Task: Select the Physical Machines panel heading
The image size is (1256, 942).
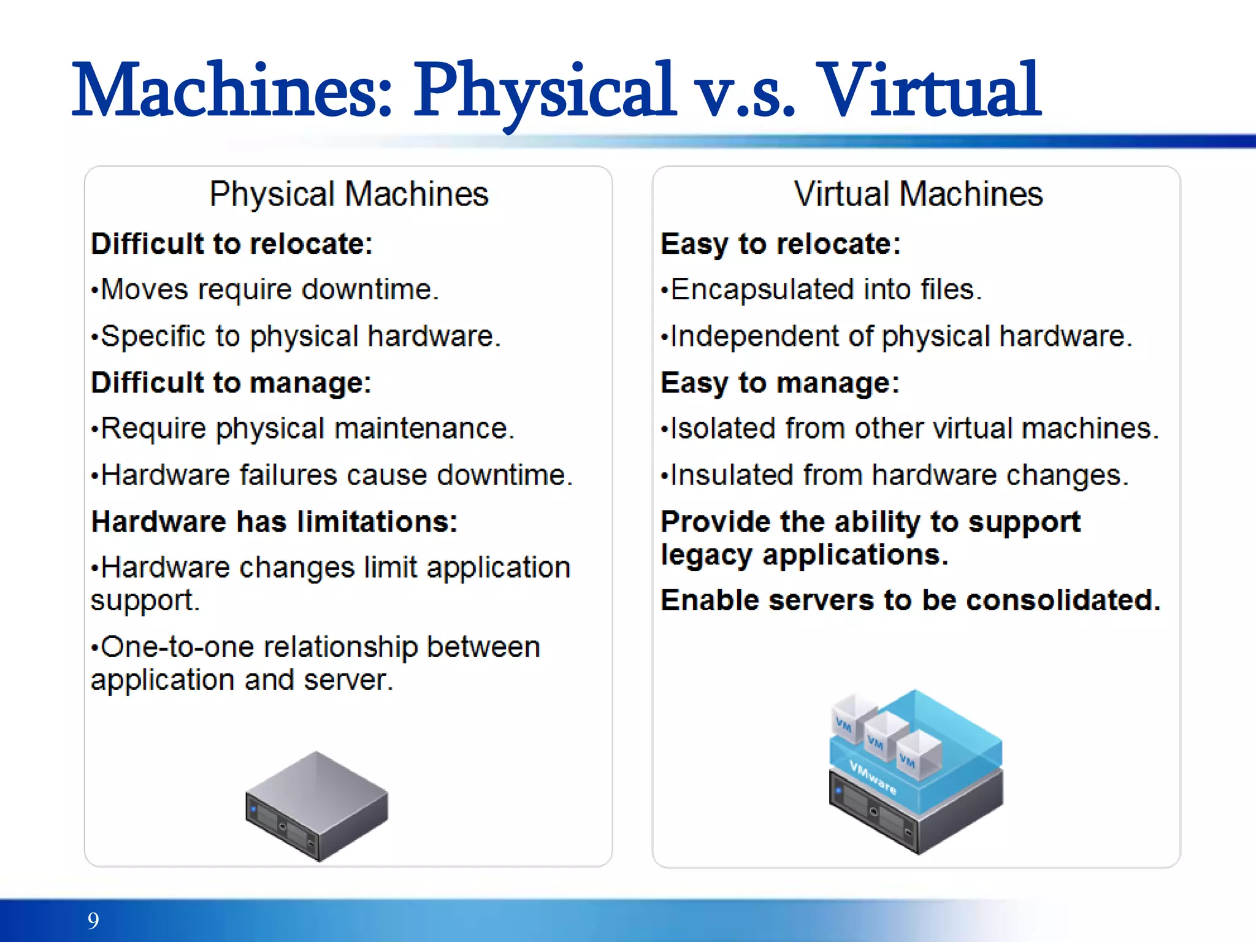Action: click(x=348, y=194)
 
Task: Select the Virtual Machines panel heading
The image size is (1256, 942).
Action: click(x=918, y=194)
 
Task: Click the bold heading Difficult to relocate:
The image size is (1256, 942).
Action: click(x=232, y=244)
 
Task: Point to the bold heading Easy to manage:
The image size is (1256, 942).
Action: click(x=780, y=383)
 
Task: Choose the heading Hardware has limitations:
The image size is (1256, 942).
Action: click(x=274, y=522)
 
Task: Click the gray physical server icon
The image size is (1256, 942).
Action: click(x=316, y=806)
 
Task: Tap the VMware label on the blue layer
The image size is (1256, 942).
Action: click(x=873, y=777)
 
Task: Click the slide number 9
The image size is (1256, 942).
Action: click(x=93, y=921)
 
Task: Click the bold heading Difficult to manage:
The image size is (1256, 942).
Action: click(x=231, y=383)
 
